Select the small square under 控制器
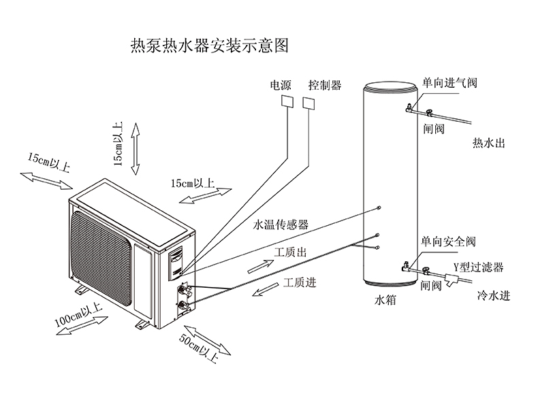click(x=309, y=103)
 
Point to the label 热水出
click(x=489, y=144)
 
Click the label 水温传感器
click(x=281, y=224)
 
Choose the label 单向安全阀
click(x=448, y=241)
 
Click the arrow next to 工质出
click(x=257, y=266)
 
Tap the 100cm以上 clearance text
click(x=78, y=318)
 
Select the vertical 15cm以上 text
click(x=117, y=144)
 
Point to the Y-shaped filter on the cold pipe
click(x=453, y=277)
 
